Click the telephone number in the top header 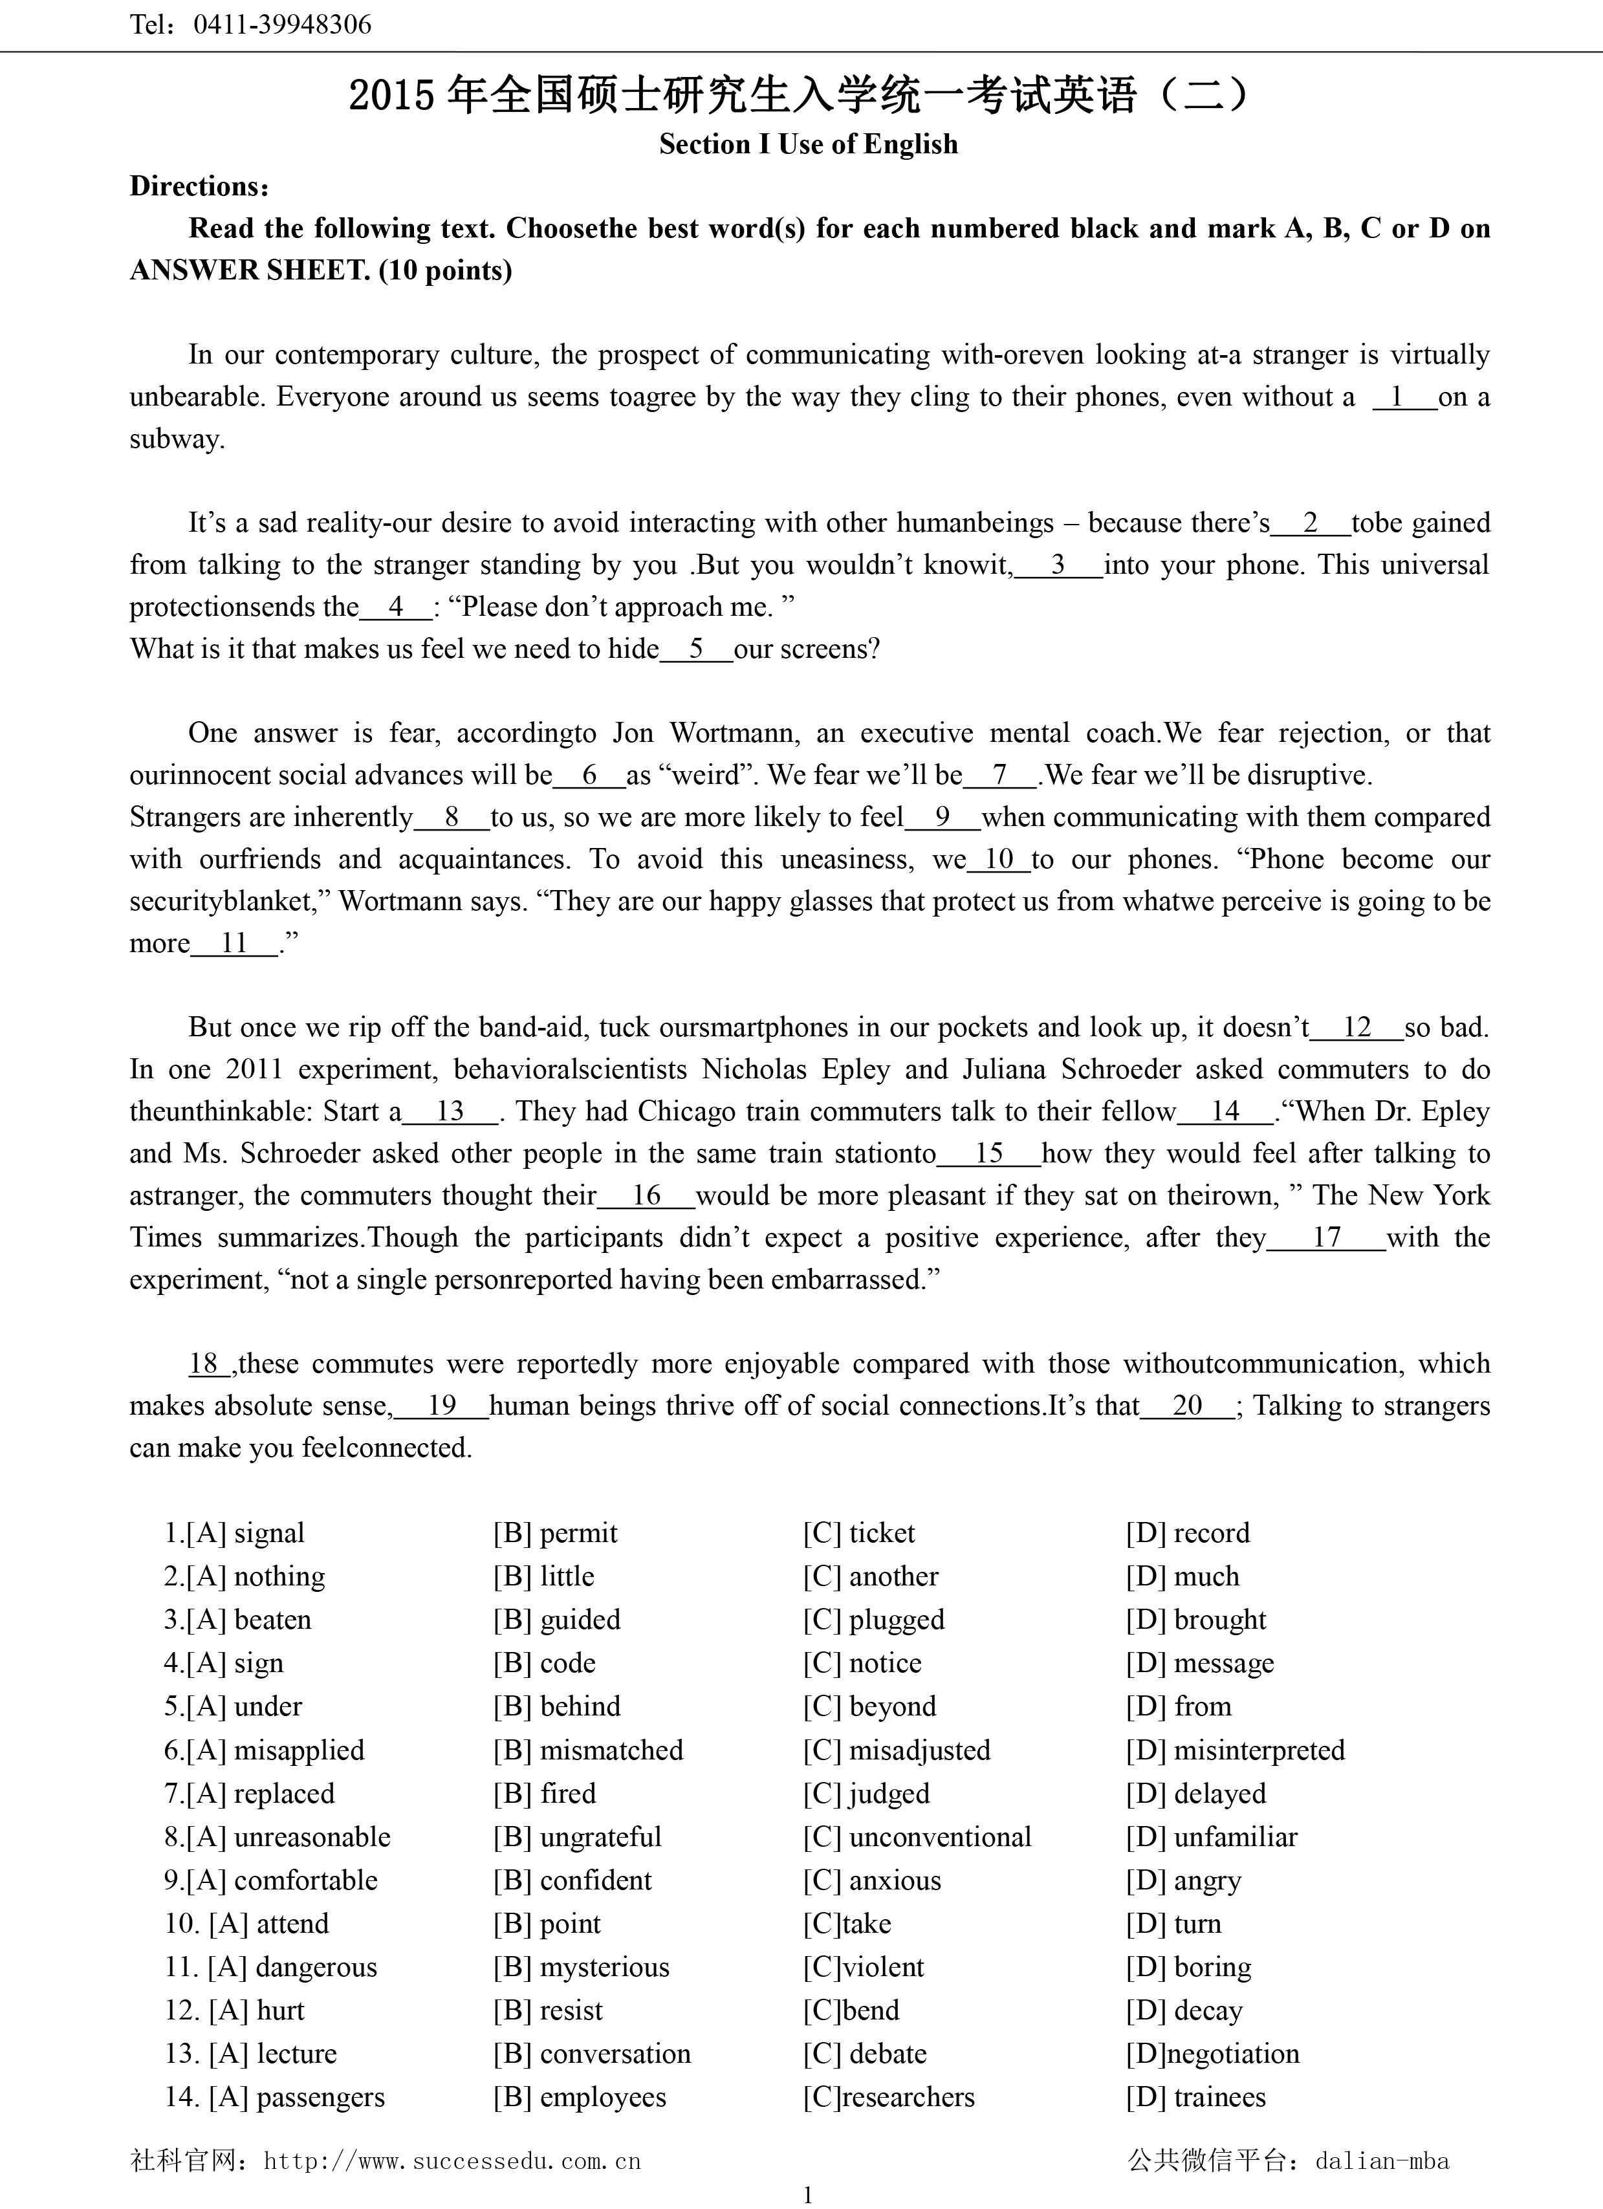pyautogui.click(x=283, y=25)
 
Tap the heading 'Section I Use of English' pyautogui.click(x=809, y=144)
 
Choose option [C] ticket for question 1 pyautogui.click(x=859, y=1533)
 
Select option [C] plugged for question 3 pyautogui.click(x=873, y=1620)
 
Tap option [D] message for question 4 pyautogui.click(x=1200, y=1664)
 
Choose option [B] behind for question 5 pyautogui.click(x=556, y=1706)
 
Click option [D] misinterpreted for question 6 pyautogui.click(x=1235, y=1750)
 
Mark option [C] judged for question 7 pyautogui.click(x=866, y=1793)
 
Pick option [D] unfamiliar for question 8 pyautogui.click(x=1212, y=1837)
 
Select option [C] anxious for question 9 pyautogui.click(x=871, y=1880)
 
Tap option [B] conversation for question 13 pyautogui.click(x=591, y=2053)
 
